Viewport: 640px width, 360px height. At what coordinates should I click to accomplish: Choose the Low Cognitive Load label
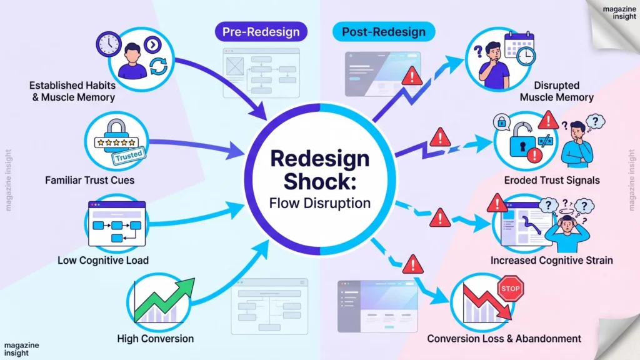point(103,260)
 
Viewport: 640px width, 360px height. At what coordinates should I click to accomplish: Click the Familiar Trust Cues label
point(89,181)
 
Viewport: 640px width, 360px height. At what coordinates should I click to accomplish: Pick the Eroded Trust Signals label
point(552,181)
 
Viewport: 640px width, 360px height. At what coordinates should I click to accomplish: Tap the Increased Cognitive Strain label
point(551,260)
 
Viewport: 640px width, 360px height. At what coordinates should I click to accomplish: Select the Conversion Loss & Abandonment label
point(504,339)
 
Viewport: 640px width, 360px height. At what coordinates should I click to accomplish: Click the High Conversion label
point(155,339)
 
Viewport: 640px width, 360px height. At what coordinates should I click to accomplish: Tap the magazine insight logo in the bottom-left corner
point(21,349)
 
